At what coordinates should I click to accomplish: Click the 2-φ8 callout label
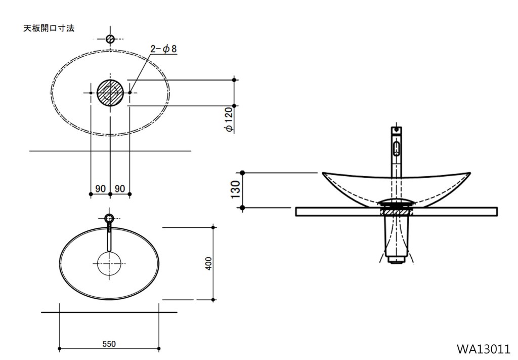(163, 49)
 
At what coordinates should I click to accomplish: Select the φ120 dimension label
(229, 119)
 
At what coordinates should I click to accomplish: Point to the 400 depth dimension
(208, 262)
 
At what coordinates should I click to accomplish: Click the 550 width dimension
(109, 344)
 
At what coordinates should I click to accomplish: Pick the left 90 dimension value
(100, 188)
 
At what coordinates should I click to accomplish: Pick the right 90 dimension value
(120, 188)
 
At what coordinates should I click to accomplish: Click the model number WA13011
(483, 349)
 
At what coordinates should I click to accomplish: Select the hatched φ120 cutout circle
(110, 92)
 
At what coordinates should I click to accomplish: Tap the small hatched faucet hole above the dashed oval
(110, 39)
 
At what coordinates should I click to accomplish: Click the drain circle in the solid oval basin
(110, 264)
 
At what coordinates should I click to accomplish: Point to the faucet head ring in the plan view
(110, 219)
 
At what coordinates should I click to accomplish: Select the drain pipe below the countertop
(397, 238)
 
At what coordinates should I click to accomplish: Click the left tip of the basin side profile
(324, 174)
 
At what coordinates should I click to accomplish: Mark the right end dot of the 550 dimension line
(159, 348)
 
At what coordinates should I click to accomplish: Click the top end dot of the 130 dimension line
(243, 173)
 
